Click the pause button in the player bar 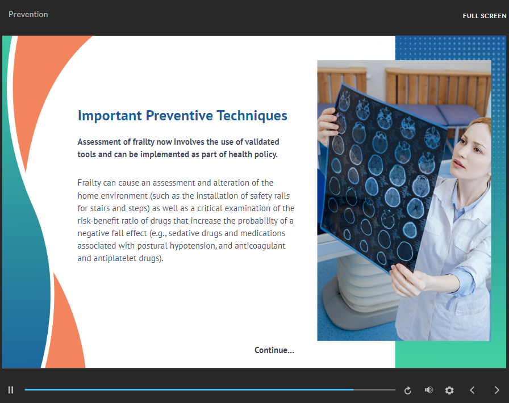(x=11, y=390)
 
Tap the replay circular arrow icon (x=408, y=391)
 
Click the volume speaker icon (x=429, y=390)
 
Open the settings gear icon (x=449, y=391)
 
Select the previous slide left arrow (x=472, y=390)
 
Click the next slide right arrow (x=497, y=390)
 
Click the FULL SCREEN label (x=485, y=16)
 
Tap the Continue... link (x=274, y=350)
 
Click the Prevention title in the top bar (x=28, y=14)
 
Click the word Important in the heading (x=110, y=116)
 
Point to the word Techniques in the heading (x=252, y=116)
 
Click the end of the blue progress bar (x=353, y=389)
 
